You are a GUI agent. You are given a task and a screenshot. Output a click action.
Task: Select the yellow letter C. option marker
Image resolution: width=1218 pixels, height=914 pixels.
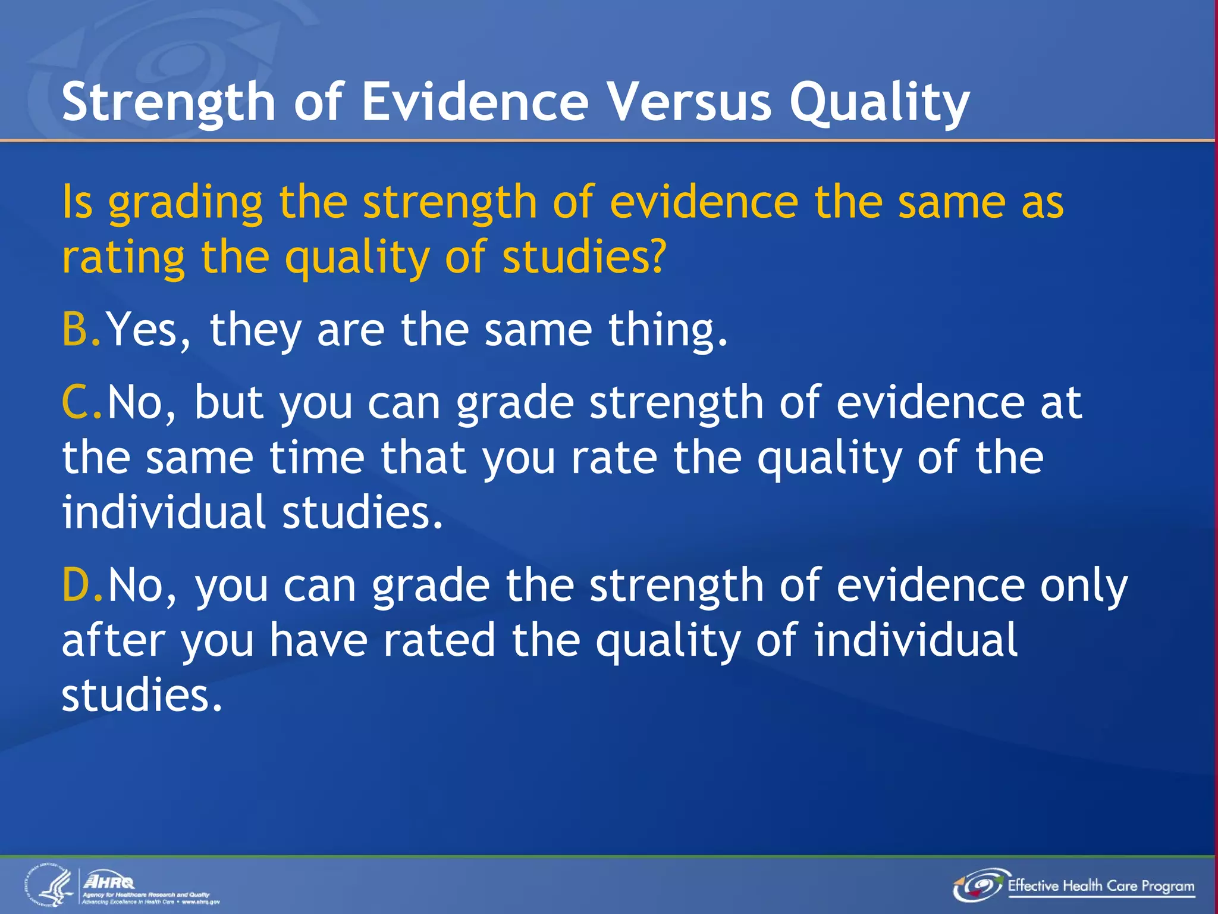tap(81, 403)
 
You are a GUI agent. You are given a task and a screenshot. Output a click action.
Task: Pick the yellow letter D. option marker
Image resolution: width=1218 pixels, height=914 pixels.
tap(82, 586)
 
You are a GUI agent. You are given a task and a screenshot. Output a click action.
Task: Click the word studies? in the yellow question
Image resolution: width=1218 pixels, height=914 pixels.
tap(583, 257)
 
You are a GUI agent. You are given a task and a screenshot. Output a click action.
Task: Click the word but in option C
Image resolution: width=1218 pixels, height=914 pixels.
tap(229, 403)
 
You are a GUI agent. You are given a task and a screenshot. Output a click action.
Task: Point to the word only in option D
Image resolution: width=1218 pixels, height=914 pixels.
tap(1083, 587)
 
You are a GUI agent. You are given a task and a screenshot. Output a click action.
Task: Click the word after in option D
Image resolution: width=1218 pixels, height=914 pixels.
tap(114, 640)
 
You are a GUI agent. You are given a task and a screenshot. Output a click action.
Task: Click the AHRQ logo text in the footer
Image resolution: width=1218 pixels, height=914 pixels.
tap(109, 881)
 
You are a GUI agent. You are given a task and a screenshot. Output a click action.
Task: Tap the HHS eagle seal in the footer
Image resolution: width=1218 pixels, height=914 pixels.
tap(50, 886)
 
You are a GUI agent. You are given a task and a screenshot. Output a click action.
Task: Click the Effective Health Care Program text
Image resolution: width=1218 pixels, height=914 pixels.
tap(1100, 886)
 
